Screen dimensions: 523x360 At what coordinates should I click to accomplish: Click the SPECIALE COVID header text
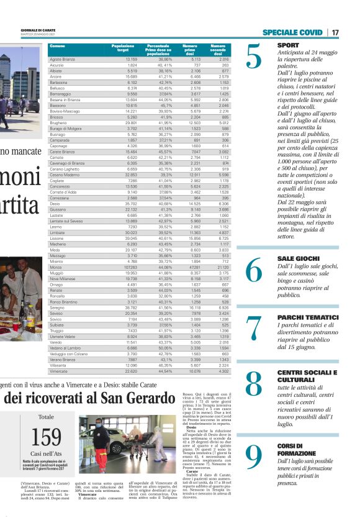[x=292, y=32]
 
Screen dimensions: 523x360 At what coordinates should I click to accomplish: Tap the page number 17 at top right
[x=335, y=32]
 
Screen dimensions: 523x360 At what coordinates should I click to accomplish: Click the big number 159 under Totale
[x=46, y=437]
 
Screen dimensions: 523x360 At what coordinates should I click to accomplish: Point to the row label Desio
[x=55, y=203]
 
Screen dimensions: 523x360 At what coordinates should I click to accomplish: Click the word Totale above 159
[x=46, y=417]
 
